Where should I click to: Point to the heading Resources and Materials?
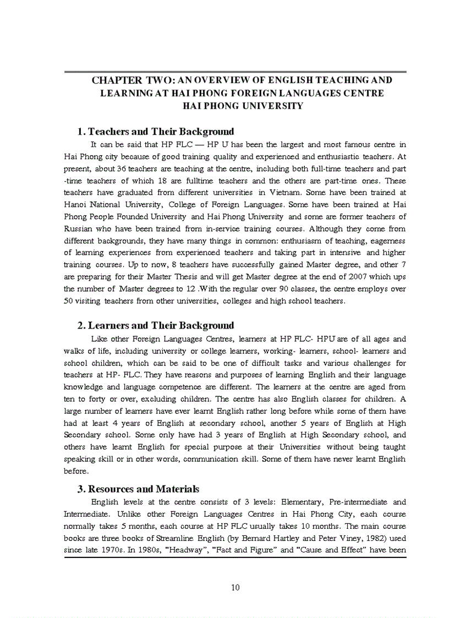coord(144,489)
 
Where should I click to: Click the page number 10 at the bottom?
coord(235,587)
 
